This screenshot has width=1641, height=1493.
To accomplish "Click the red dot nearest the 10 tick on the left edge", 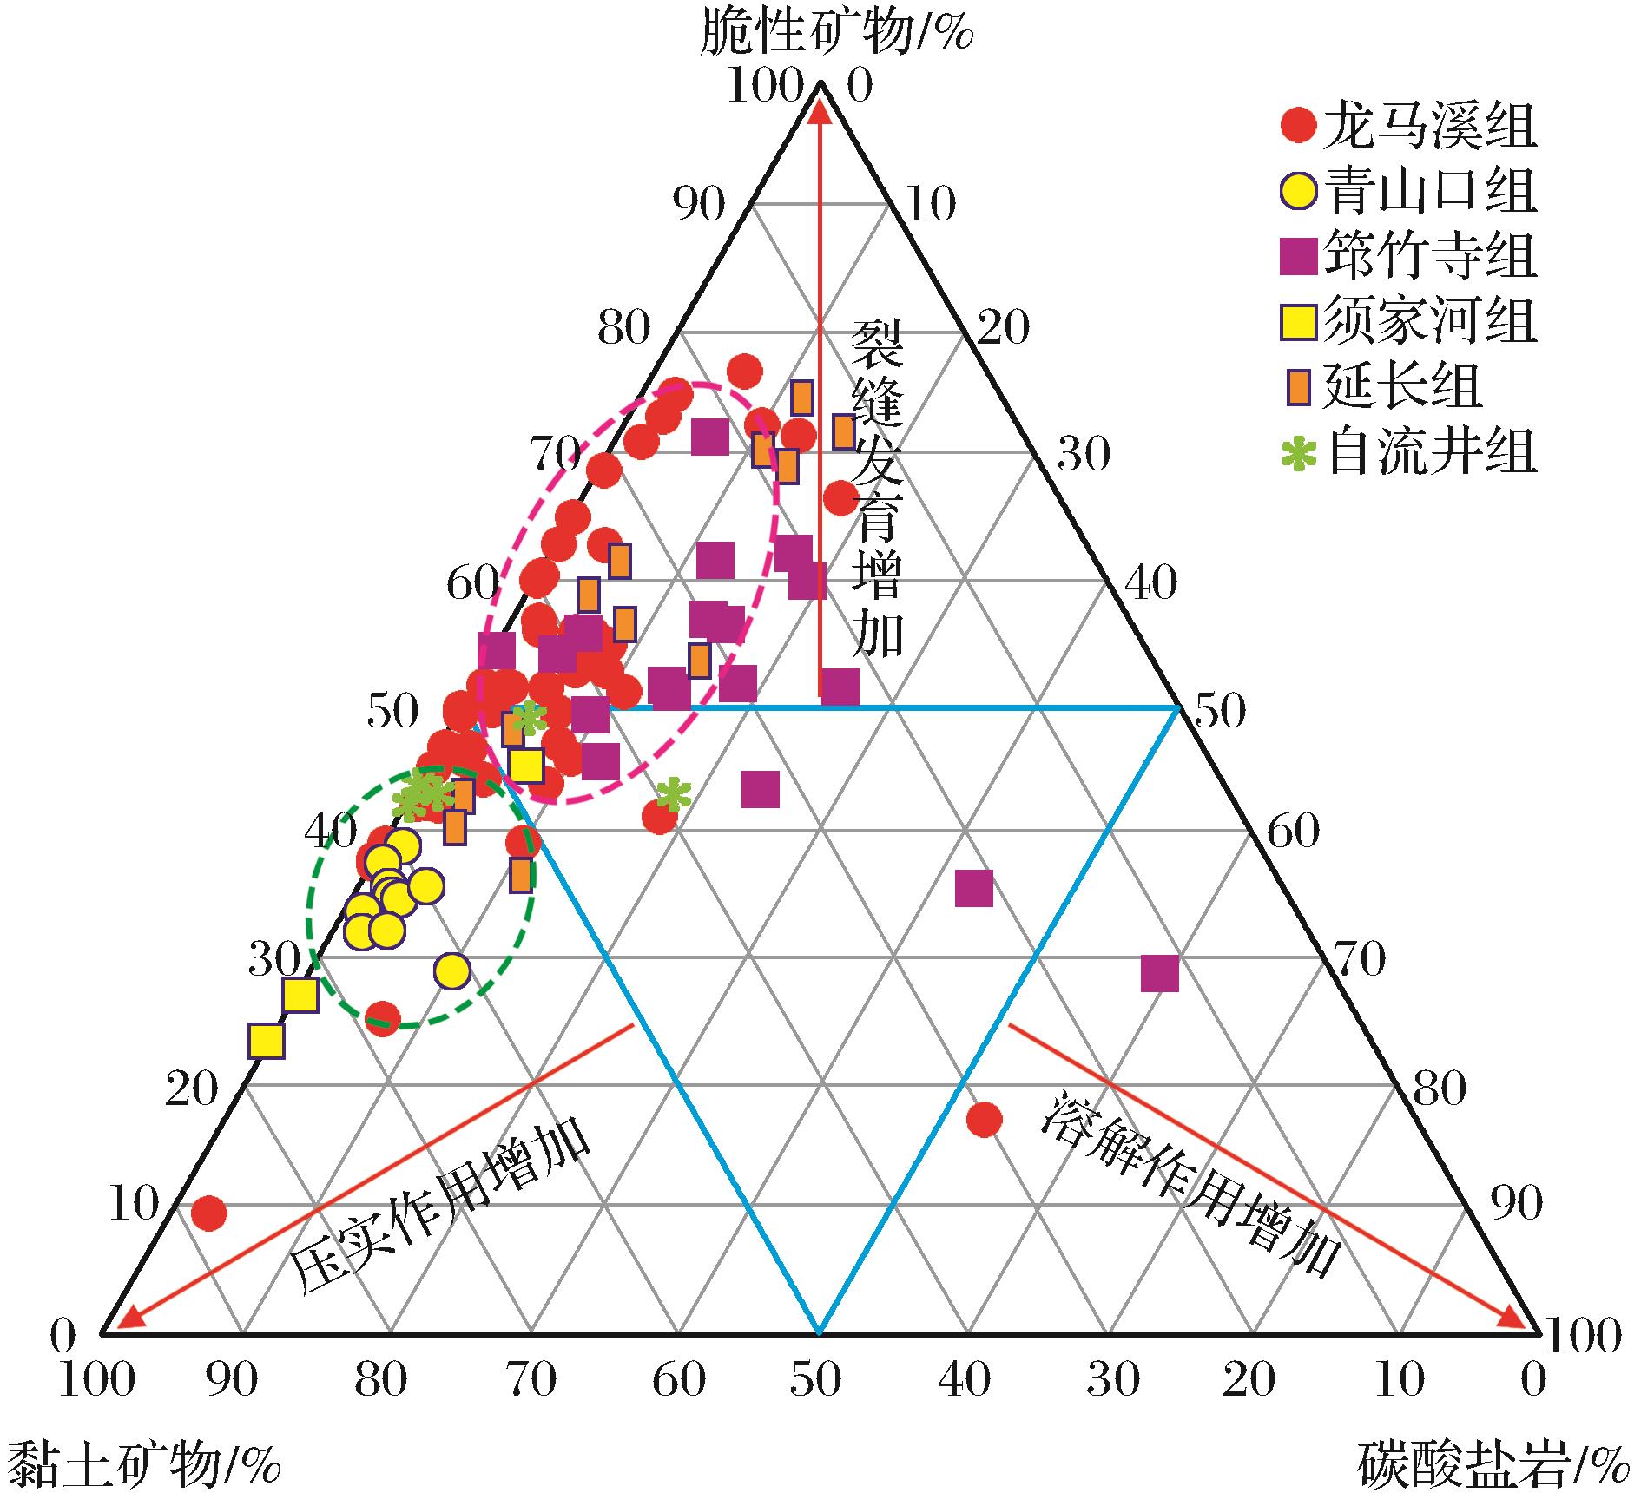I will tap(208, 1213).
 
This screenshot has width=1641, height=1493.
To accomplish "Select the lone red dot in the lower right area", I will tap(984, 1120).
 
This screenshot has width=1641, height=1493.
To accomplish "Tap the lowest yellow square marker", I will tap(267, 1041).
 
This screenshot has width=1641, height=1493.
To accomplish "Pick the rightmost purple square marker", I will tap(1159, 973).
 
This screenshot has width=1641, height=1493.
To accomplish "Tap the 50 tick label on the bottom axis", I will tap(816, 1379).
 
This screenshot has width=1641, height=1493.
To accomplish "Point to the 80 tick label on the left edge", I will tap(623, 329).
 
